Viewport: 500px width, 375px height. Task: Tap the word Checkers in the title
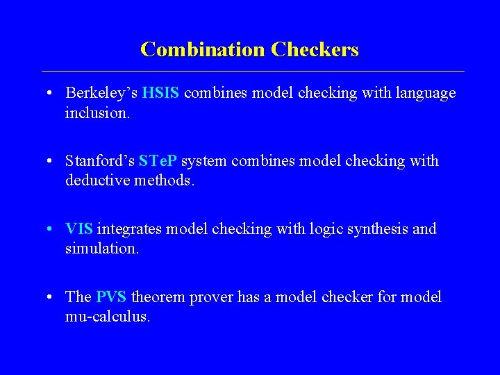pos(315,50)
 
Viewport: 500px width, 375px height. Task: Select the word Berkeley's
pos(99,93)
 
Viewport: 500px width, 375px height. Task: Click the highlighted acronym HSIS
pos(159,93)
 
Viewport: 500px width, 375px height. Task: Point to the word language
pos(424,93)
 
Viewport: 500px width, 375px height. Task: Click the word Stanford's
pos(99,161)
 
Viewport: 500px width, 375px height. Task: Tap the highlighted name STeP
pos(159,161)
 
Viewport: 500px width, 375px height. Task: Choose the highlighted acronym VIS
pos(79,229)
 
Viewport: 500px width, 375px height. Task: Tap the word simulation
pos(102,247)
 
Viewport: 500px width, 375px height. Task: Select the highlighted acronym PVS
pos(111,297)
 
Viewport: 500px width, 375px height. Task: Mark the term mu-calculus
pos(107,316)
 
